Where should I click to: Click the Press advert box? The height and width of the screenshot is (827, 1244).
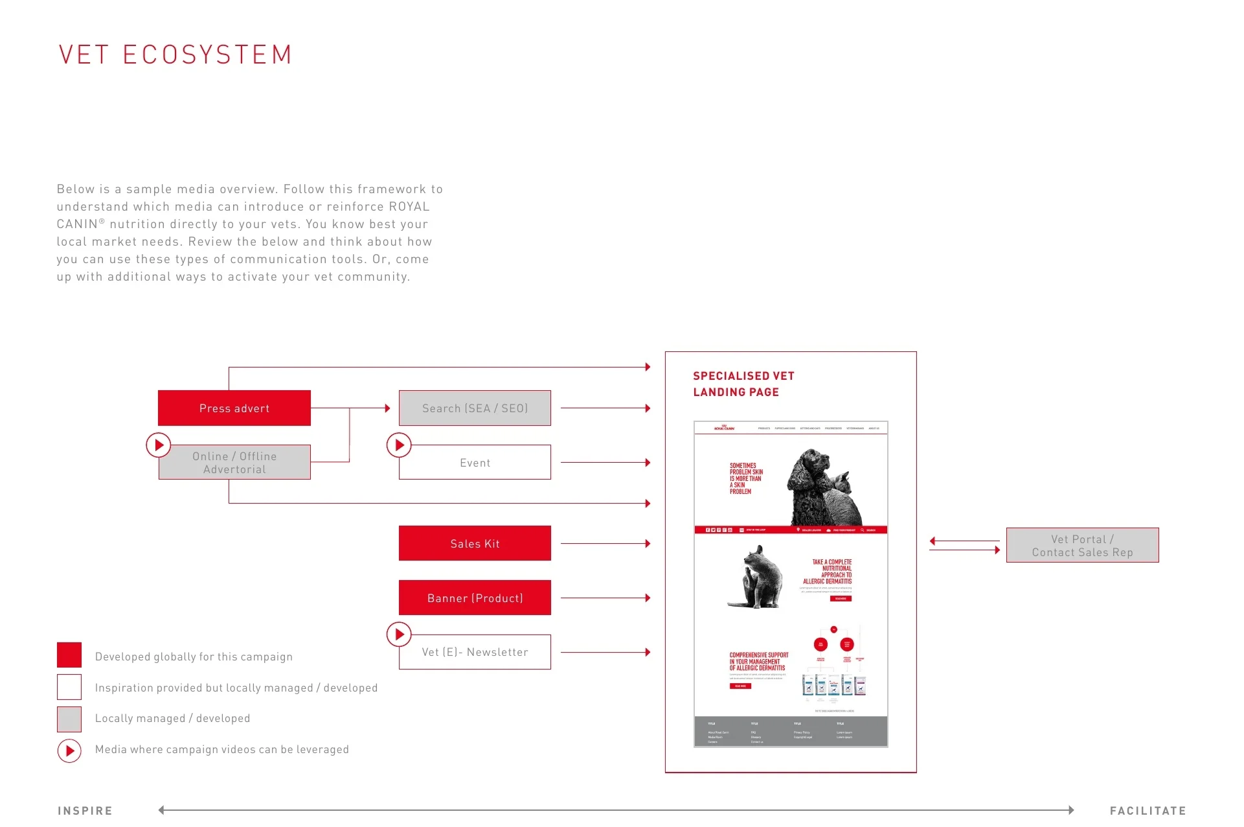pyautogui.click(x=234, y=408)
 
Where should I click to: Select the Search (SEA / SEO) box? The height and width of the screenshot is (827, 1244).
pyautogui.click(x=475, y=408)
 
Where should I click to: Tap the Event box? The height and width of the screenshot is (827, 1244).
pyautogui.click(x=475, y=462)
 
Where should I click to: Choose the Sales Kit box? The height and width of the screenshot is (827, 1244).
pyautogui.click(x=475, y=543)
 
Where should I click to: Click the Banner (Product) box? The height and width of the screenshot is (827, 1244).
pyautogui.click(x=475, y=598)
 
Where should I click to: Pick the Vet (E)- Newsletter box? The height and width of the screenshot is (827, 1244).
pyautogui.click(x=475, y=652)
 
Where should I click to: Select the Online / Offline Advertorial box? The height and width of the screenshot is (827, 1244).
pyautogui.click(x=234, y=462)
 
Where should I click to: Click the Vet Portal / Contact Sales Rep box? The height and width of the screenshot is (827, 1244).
pyautogui.click(x=1082, y=545)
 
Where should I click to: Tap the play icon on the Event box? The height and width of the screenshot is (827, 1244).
pyautogui.click(x=399, y=445)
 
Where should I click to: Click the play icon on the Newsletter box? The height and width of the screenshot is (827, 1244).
pyautogui.click(x=399, y=635)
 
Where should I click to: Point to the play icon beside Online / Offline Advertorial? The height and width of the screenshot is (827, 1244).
pyautogui.click(x=159, y=445)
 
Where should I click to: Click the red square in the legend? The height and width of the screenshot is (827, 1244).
pyautogui.click(x=69, y=655)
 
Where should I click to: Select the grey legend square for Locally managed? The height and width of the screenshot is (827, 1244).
pyautogui.click(x=69, y=719)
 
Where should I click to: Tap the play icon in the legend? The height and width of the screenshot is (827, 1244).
pyautogui.click(x=69, y=751)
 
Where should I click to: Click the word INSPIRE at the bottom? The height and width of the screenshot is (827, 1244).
pyautogui.click(x=85, y=811)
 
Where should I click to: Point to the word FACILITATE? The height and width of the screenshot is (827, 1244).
pyautogui.click(x=1148, y=811)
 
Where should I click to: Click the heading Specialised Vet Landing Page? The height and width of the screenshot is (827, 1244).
pyautogui.click(x=743, y=384)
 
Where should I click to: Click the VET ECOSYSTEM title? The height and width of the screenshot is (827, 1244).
pyautogui.click(x=175, y=55)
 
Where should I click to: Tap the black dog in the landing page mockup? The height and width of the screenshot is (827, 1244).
pyautogui.click(x=809, y=483)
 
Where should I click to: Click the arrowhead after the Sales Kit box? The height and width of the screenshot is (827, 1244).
pyautogui.click(x=648, y=543)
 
